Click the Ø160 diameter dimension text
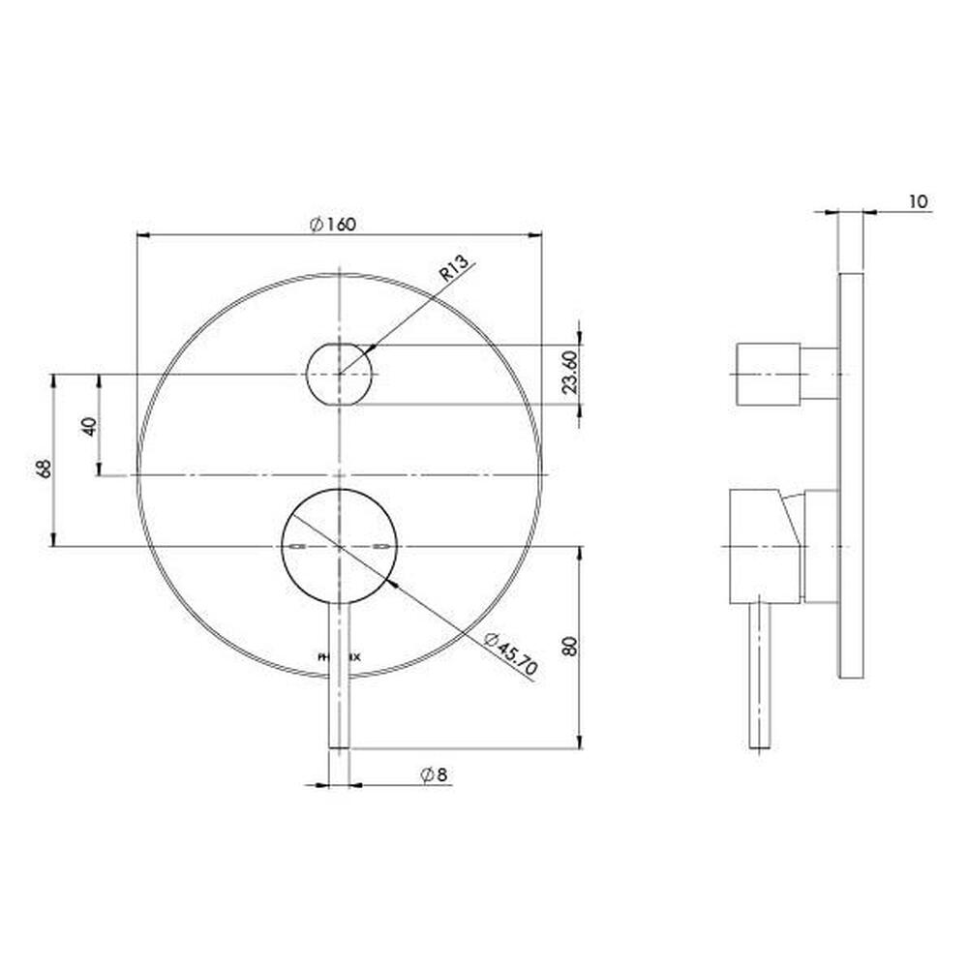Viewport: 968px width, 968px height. pyautogui.click(x=334, y=224)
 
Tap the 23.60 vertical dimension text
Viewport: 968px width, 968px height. pyautogui.click(x=571, y=374)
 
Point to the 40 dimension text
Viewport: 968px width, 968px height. pyautogui.click(x=89, y=425)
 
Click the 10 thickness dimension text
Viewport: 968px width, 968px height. pyautogui.click(x=919, y=201)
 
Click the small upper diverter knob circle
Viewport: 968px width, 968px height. pyautogui.click(x=339, y=374)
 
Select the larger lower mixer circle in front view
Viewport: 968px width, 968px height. pyautogui.click(x=339, y=548)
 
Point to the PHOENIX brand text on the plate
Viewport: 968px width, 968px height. pyautogui.click(x=339, y=656)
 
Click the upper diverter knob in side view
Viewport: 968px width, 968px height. pyautogui.click(x=769, y=374)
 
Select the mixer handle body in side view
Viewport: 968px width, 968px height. pyautogui.click(x=763, y=548)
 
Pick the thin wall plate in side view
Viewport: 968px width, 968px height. pyautogui.click(x=851, y=474)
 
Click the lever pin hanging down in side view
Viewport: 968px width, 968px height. pyautogui.click(x=762, y=678)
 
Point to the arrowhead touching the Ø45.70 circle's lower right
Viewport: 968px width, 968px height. pyautogui.click(x=388, y=583)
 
